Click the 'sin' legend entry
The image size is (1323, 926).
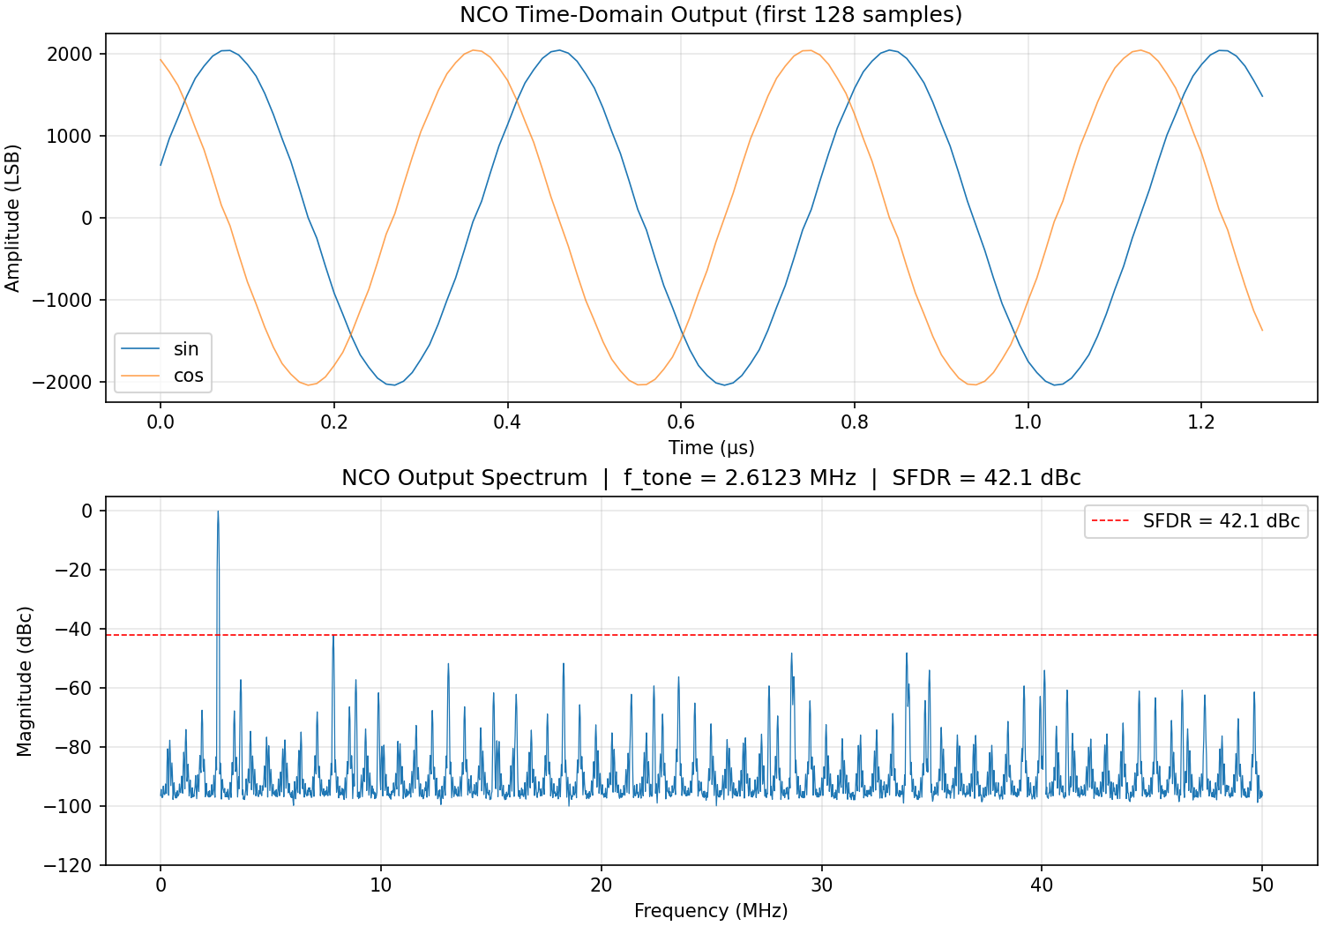tap(186, 349)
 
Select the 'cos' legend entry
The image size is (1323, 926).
tap(188, 376)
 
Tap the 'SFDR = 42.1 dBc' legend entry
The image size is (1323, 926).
tap(1221, 521)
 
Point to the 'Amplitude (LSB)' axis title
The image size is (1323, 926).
tap(12, 218)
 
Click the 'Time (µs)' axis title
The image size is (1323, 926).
tap(711, 448)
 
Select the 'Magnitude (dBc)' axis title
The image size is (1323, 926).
tap(25, 681)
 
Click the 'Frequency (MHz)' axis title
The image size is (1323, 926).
tap(711, 911)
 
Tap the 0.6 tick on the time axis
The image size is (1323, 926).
tap(681, 422)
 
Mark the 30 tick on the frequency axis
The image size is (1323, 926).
tap(821, 885)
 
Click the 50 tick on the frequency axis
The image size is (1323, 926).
tap(1262, 885)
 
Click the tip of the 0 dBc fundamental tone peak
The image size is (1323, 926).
tap(218, 512)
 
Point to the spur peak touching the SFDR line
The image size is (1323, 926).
tap(333, 635)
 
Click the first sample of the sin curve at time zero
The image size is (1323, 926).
tap(161, 165)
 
